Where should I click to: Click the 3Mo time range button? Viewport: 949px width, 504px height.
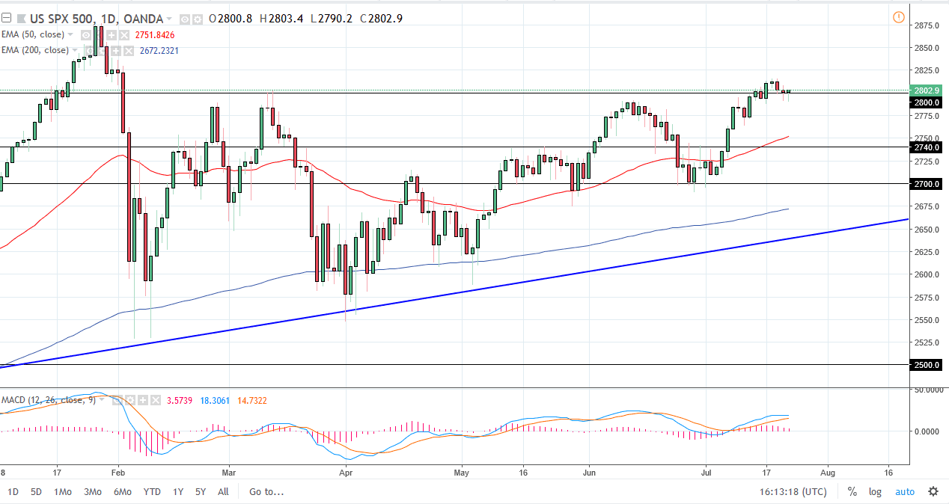92,491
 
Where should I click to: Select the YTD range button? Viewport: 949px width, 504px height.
152,491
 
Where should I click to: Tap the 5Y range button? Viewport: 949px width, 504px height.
201,491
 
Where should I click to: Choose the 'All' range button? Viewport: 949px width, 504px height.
223,491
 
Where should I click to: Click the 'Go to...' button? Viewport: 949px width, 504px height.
266,491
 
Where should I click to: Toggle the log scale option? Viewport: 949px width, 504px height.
875,491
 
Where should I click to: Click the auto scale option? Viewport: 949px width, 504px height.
905,491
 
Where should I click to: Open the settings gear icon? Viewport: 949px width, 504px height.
933,491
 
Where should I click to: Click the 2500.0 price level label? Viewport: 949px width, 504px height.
926,365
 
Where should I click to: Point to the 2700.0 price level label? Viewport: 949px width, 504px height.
926,183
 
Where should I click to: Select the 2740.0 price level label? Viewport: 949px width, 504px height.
926,147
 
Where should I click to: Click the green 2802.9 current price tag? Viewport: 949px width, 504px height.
926,90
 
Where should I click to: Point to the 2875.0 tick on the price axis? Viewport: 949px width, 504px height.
927,25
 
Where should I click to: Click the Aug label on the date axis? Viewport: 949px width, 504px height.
827,473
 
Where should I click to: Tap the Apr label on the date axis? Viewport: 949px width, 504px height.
345,473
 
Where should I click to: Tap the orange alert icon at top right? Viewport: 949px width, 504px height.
898,17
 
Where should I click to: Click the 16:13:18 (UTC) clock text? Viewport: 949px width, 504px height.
793,491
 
